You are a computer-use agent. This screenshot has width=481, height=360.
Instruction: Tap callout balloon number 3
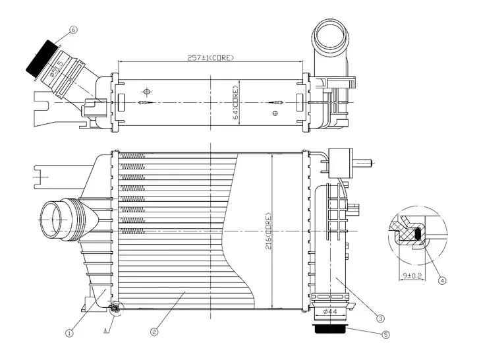[x=380, y=316]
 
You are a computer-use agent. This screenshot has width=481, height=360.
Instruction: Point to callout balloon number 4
[x=442, y=280]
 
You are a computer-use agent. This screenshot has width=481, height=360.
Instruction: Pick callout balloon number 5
[x=386, y=334]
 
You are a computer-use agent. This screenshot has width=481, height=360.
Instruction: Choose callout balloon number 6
[x=73, y=30]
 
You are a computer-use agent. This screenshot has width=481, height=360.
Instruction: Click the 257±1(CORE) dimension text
[x=210, y=57]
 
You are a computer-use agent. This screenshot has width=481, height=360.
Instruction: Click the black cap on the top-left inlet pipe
[x=41, y=57]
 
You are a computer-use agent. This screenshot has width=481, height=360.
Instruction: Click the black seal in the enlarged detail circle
[x=416, y=233]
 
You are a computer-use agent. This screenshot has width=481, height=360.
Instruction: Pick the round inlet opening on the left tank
[x=54, y=219]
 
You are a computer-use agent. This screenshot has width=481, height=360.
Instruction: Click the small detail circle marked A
[x=116, y=307]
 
